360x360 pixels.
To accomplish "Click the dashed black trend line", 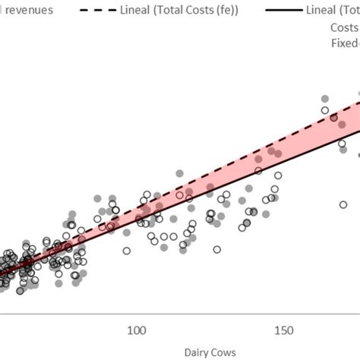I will click(x=228, y=166).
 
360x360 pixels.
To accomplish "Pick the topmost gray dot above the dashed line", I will click(x=325, y=99).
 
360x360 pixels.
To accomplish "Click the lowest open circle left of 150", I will click(x=217, y=249).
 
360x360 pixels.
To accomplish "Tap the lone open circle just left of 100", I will click(x=126, y=250).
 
